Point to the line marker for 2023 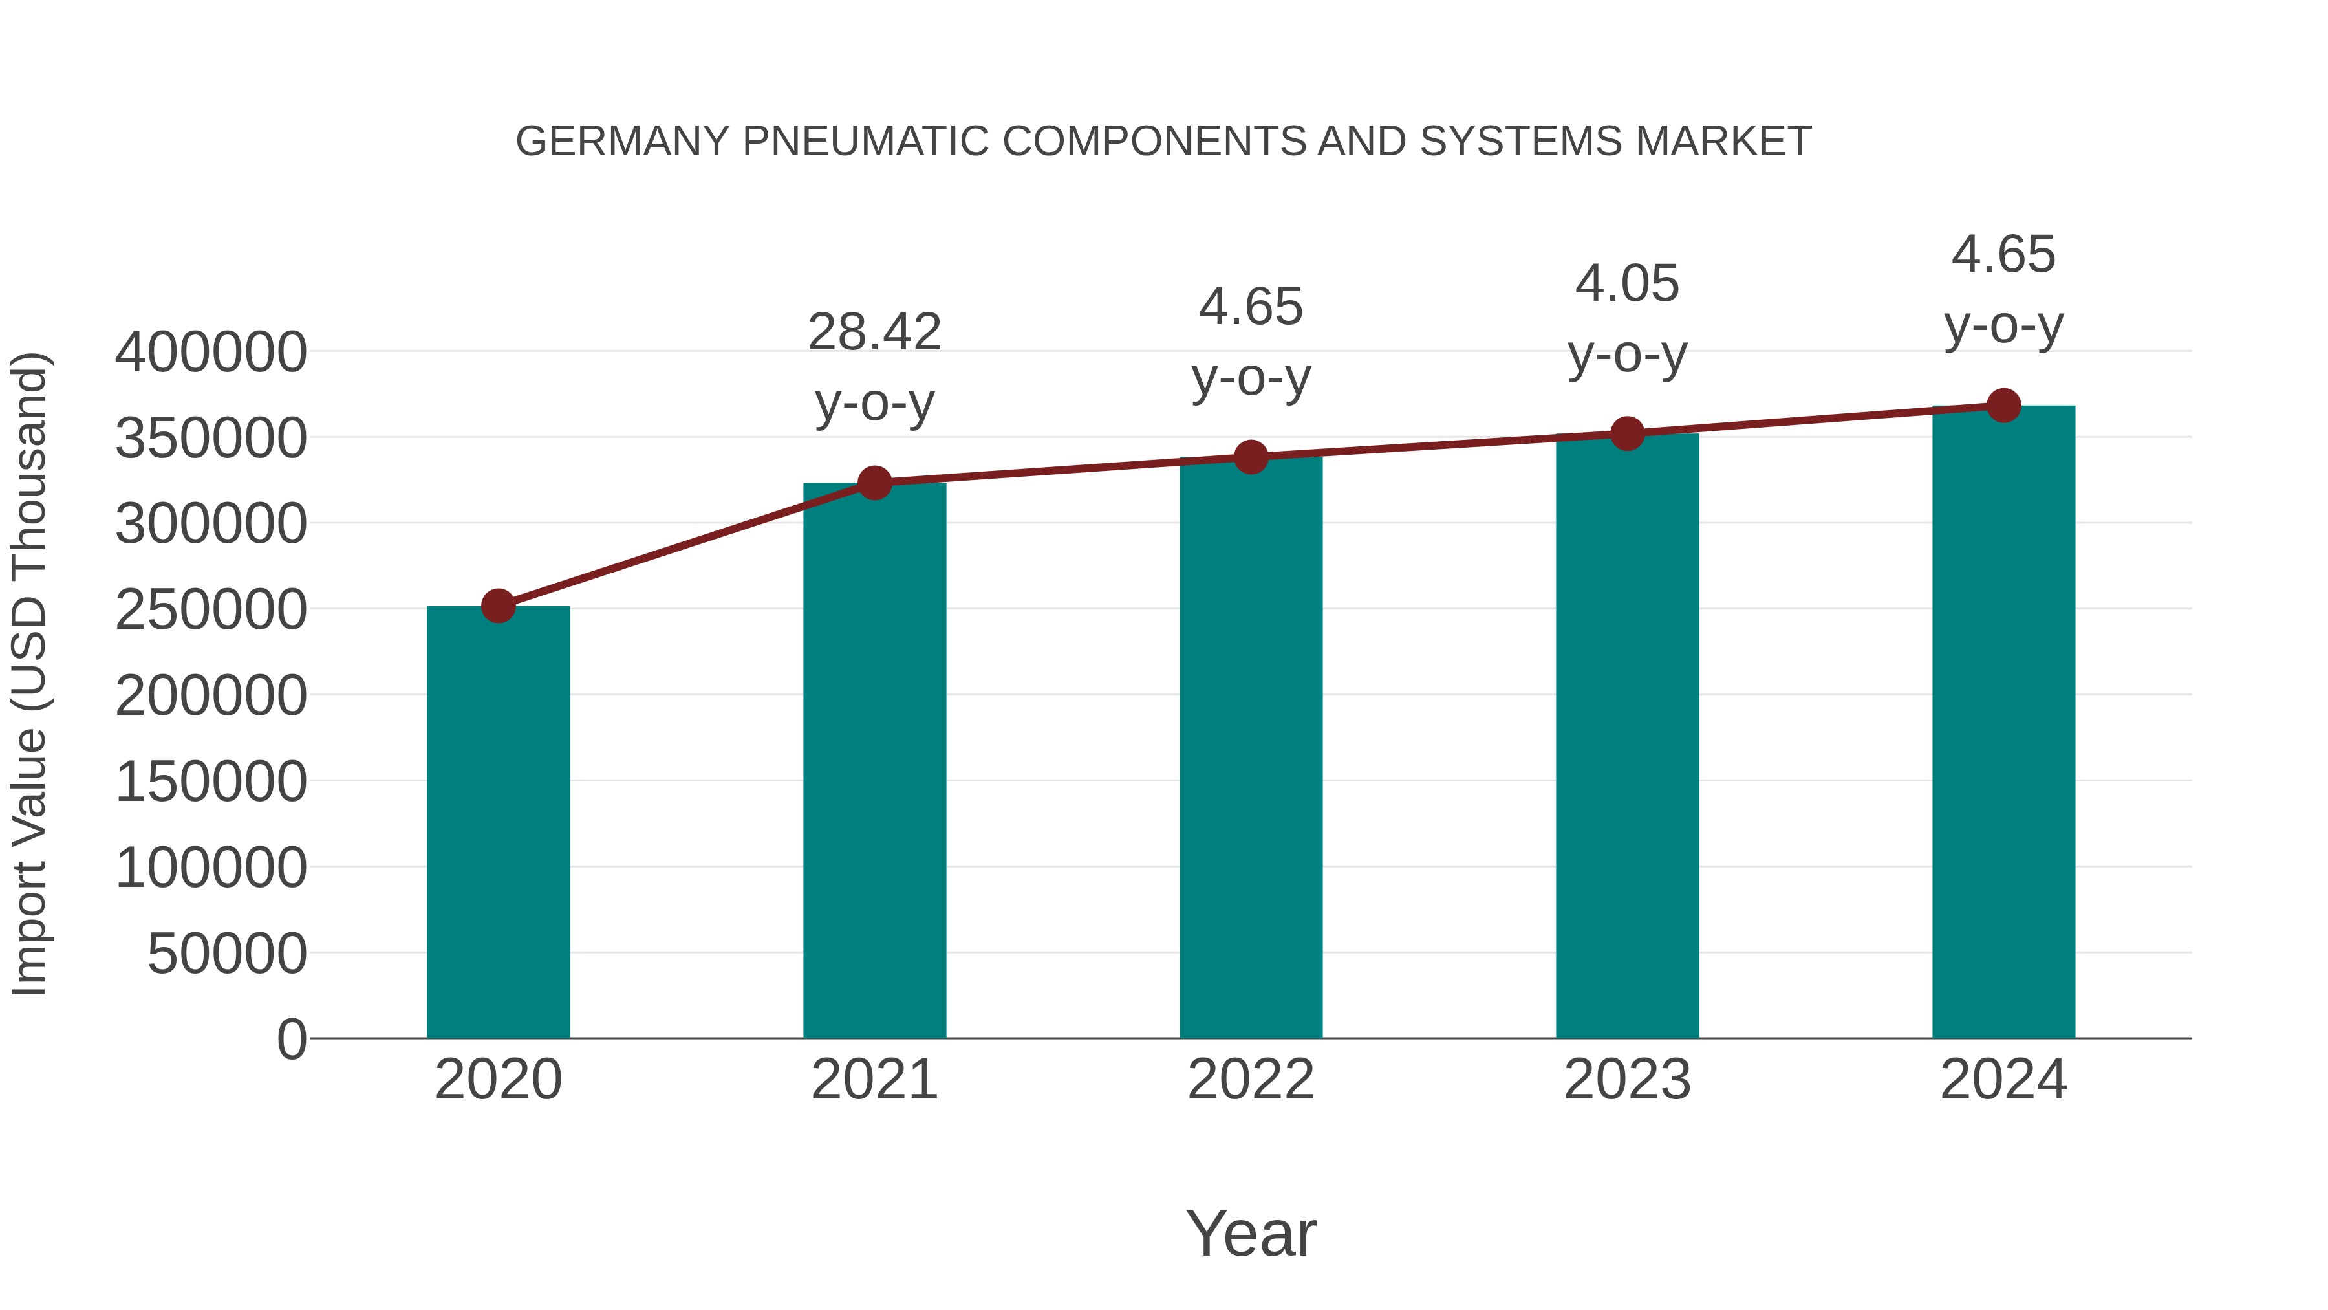(x=1627, y=434)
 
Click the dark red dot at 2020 (x=498, y=606)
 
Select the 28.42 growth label (x=874, y=332)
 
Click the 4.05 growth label (x=1627, y=284)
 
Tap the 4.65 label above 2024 (x=2003, y=254)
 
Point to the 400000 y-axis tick (x=211, y=352)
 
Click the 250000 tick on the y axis (x=211, y=609)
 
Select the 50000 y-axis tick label (x=227, y=953)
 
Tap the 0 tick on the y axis (x=292, y=1039)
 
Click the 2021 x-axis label (x=874, y=1080)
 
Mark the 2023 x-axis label (x=1627, y=1080)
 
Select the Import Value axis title (x=29, y=673)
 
